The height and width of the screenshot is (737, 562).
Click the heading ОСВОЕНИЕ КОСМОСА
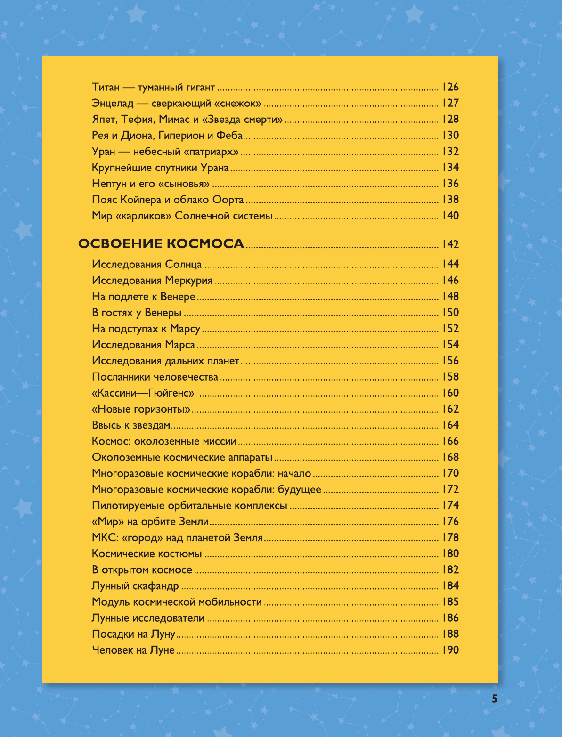point(161,244)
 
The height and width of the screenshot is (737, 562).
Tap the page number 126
point(450,87)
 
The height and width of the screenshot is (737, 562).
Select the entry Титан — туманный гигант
point(154,87)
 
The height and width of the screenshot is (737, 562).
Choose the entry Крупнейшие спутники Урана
point(160,168)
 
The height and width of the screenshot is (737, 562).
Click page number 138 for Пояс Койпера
point(450,200)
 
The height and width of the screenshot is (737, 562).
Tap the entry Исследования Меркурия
point(152,281)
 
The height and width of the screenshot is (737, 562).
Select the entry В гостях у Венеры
point(137,313)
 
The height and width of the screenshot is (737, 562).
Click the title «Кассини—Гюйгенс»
point(144,393)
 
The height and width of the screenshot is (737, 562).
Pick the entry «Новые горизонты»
point(141,409)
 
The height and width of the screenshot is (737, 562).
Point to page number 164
point(450,425)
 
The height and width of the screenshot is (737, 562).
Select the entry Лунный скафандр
point(135,586)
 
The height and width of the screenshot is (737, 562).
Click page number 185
point(450,602)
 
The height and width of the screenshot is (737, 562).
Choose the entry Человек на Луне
point(133,650)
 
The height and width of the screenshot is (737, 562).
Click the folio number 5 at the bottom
point(494,699)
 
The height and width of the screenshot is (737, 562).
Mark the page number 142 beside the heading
point(450,244)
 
